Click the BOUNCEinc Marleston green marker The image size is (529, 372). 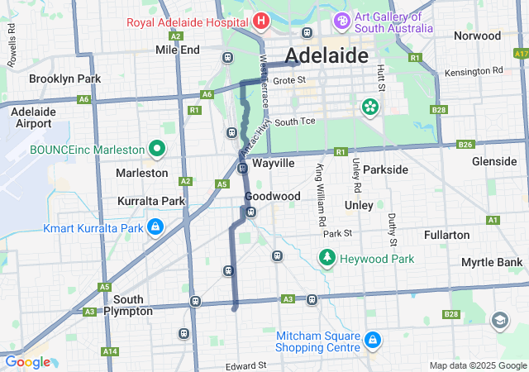[x=158, y=149]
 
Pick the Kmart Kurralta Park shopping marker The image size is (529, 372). [x=155, y=227]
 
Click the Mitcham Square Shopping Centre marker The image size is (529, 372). [x=372, y=340]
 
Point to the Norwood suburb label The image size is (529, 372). [x=477, y=36]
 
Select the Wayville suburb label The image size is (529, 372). [x=274, y=163]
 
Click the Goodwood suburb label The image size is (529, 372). [x=272, y=196]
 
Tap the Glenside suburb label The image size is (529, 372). [x=494, y=161]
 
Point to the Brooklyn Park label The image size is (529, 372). [x=64, y=79]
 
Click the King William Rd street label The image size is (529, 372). [x=319, y=196]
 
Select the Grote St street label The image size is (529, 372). [x=289, y=80]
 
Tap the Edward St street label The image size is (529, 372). [x=245, y=365]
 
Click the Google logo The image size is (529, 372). [x=27, y=362]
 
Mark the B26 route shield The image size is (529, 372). [x=466, y=145]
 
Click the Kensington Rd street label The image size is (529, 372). [x=473, y=71]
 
